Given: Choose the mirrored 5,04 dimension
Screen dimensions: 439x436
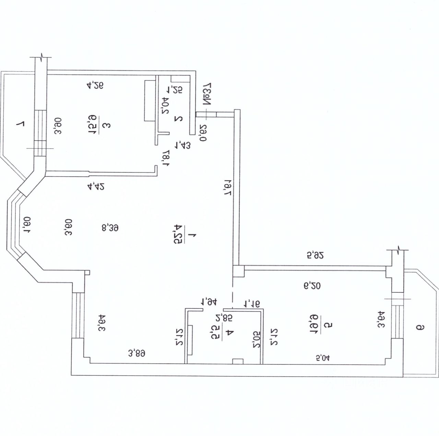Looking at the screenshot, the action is tap(322, 359).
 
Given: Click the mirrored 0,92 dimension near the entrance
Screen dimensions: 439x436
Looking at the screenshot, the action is tap(203, 133).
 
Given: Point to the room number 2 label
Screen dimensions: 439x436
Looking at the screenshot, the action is tap(179, 119).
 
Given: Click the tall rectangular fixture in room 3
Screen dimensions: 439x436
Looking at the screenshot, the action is tap(150, 100).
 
